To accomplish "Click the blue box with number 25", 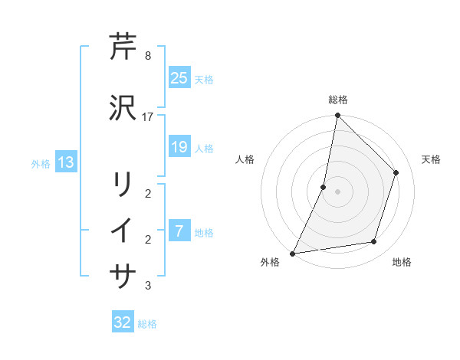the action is coord(179,78).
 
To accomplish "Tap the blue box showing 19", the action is coord(179,147).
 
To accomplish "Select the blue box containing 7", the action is coord(179,231).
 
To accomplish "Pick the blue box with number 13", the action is coord(65,162).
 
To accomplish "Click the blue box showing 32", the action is coord(123,322).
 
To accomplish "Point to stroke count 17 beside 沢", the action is coord(148,116).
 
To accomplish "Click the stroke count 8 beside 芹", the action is coord(147,56).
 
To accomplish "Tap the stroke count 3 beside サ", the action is coord(147,286).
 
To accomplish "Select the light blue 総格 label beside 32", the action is coord(147,324).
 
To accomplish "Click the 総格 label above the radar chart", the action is coord(337,100).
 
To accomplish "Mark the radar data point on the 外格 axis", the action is coord(292,253).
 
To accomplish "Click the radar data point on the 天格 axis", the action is coord(396,172).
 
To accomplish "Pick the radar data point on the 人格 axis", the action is coord(324,187).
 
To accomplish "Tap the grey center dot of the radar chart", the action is coord(337,191).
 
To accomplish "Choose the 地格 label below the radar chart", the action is coord(402,262).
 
